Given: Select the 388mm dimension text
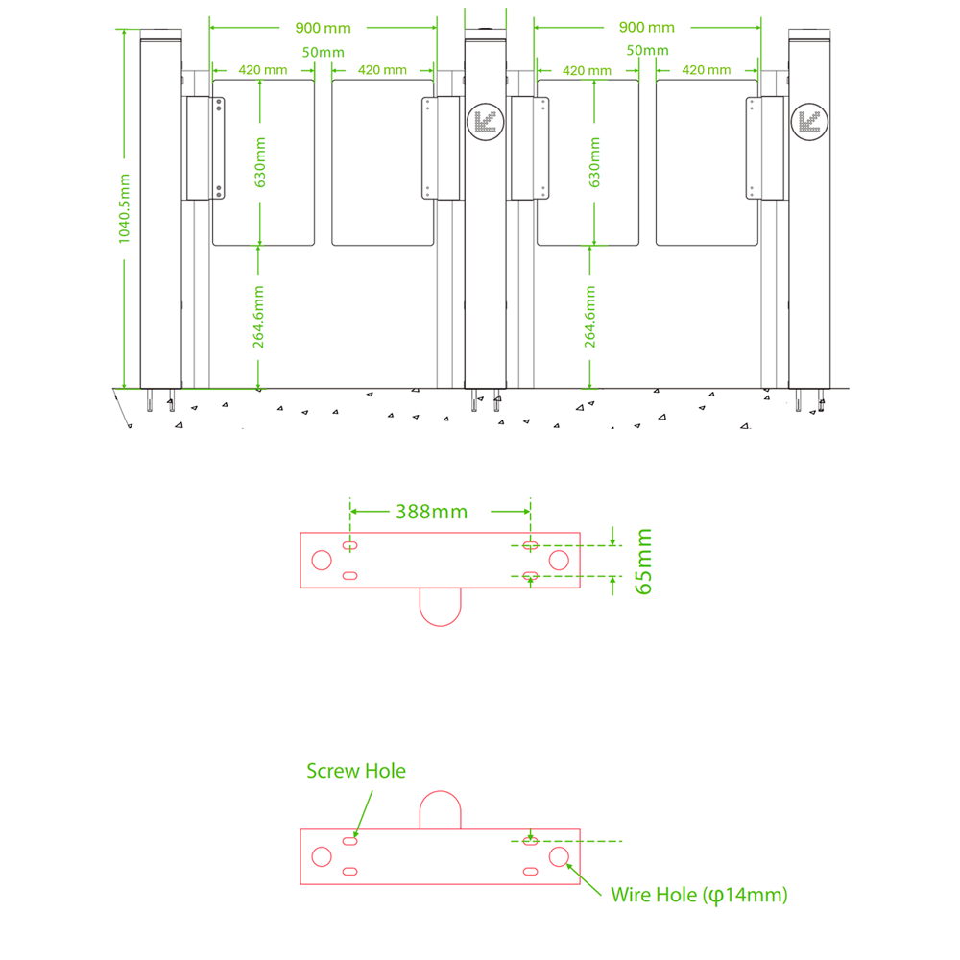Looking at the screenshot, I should coord(431,512).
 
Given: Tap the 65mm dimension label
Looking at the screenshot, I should coord(644,561).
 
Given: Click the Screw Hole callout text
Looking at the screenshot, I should coord(356,771).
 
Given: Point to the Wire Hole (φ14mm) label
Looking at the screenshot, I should coord(699,895).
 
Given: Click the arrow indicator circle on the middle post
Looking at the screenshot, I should coord(483,121).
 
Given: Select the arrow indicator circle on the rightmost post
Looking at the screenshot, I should coord(806,121).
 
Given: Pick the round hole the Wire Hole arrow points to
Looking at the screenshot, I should coord(559,856).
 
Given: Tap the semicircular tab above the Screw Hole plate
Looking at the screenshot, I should coord(441,810).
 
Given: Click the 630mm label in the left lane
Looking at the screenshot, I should coord(260,161).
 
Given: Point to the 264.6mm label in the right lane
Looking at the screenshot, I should coord(590,316).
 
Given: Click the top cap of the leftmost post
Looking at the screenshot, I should coord(160,36).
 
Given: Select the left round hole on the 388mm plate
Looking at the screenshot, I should coord(323,560).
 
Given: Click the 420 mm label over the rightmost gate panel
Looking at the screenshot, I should coord(706,70).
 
